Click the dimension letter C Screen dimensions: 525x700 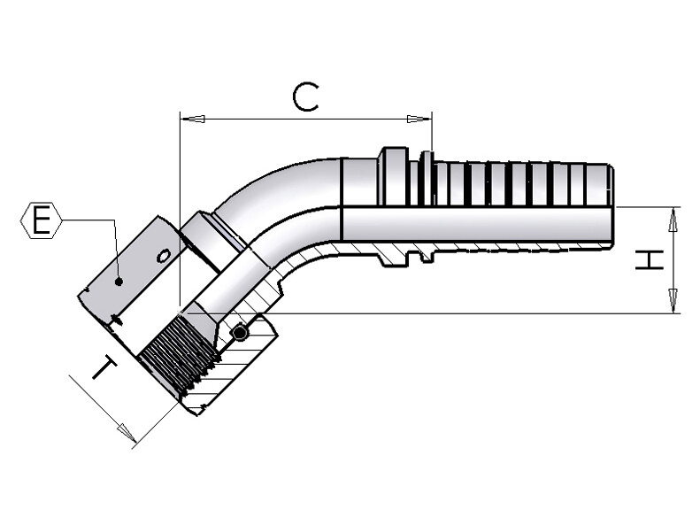[305, 97]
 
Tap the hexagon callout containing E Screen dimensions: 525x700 [40, 220]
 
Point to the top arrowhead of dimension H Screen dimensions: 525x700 [673, 220]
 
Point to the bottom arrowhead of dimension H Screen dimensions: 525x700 [673, 301]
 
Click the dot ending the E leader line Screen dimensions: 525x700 [118, 282]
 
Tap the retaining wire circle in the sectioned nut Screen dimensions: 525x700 [239, 333]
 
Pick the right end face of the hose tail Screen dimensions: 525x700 [611, 204]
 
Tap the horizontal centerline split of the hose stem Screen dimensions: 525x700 [478, 207]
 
